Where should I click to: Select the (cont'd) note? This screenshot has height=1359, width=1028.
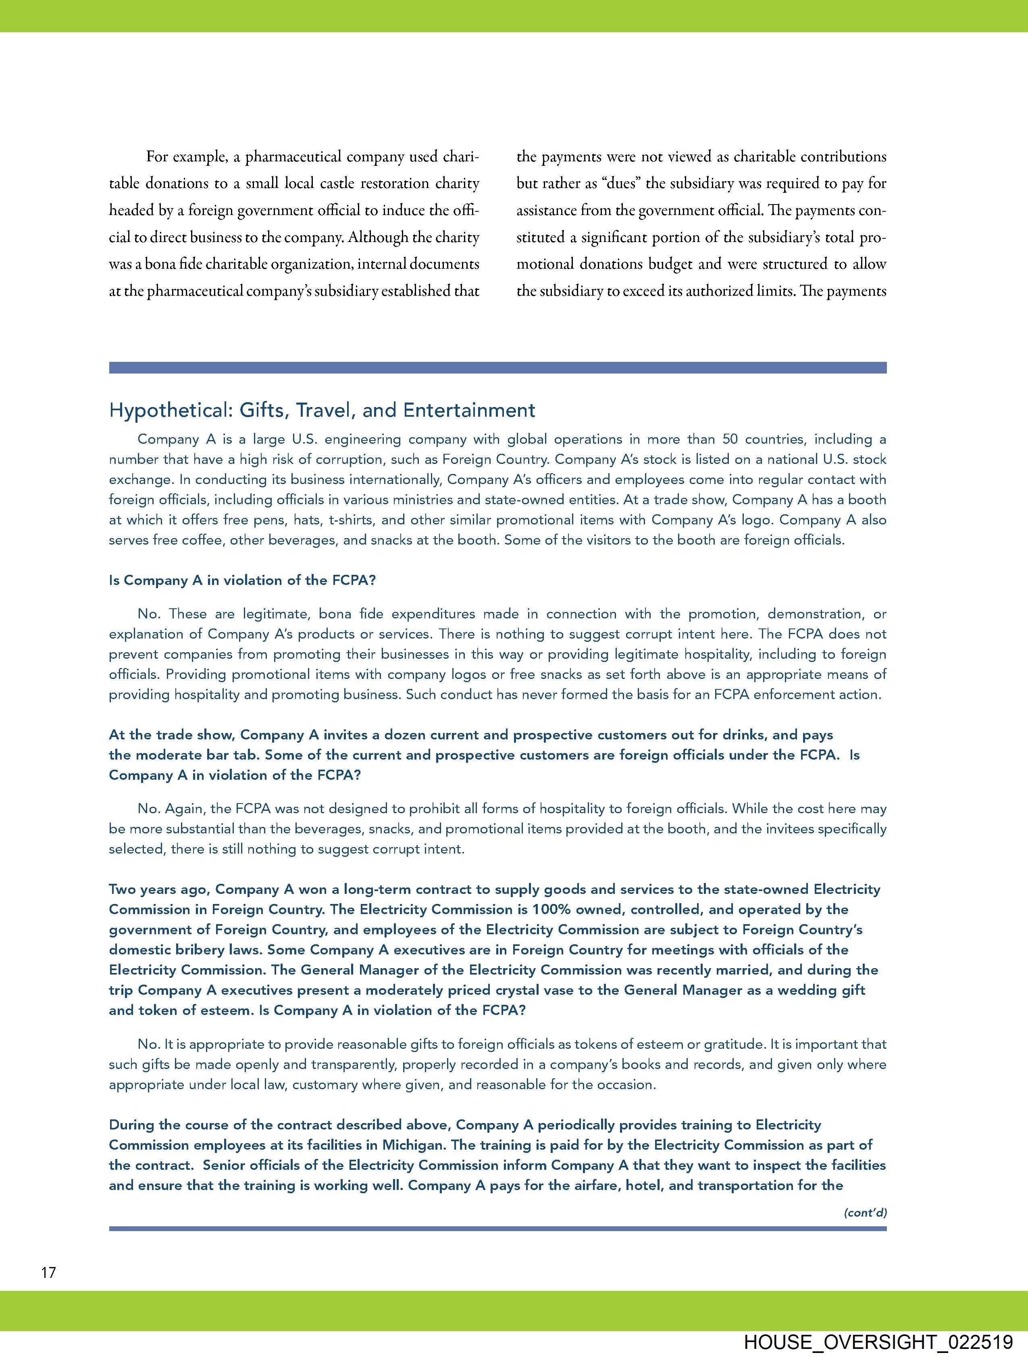tap(865, 1212)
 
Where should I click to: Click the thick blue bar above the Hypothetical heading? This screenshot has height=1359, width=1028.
tap(497, 367)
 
